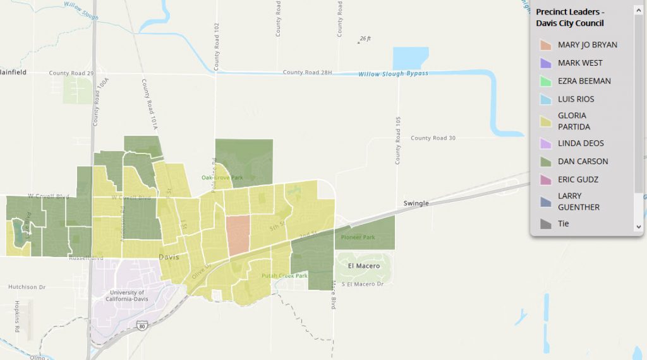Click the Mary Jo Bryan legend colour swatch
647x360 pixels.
pos(545,45)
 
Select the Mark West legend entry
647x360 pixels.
pos(580,63)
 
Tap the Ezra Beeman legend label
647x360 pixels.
pos(584,81)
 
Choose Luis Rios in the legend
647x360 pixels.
pos(576,99)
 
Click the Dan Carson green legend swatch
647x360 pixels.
pos(545,162)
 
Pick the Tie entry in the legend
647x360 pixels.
pos(563,224)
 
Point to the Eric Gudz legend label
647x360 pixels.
pos(577,179)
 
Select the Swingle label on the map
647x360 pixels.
pos(416,203)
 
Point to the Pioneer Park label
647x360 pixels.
pos(358,237)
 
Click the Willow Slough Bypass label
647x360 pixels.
pos(393,74)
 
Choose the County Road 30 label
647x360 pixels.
pos(433,138)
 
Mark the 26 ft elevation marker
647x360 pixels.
pos(363,39)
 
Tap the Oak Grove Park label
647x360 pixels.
pos(222,177)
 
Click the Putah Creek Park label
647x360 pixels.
pos(284,276)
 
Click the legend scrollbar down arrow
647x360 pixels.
pos(638,227)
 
